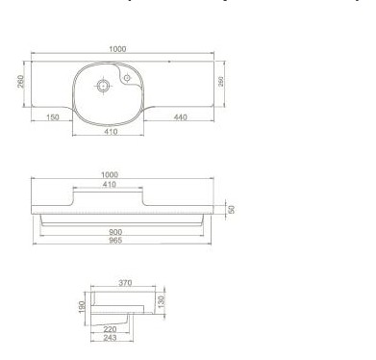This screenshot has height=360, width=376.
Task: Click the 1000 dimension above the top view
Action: (117, 49)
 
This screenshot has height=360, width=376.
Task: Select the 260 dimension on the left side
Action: (20, 81)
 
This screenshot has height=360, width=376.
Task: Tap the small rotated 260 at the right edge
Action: (221, 82)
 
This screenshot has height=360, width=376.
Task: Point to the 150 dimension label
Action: (53, 117)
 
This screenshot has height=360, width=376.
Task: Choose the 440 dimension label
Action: (180, 117)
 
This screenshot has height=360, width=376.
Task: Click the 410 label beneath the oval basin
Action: (111, 132)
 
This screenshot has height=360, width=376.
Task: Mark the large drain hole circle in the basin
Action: (103, 86)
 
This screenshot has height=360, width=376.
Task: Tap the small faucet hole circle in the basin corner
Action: (127, 78)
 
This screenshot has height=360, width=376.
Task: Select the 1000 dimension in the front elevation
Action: (110, 175)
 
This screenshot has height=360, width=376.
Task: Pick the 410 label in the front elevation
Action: (110, 185)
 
